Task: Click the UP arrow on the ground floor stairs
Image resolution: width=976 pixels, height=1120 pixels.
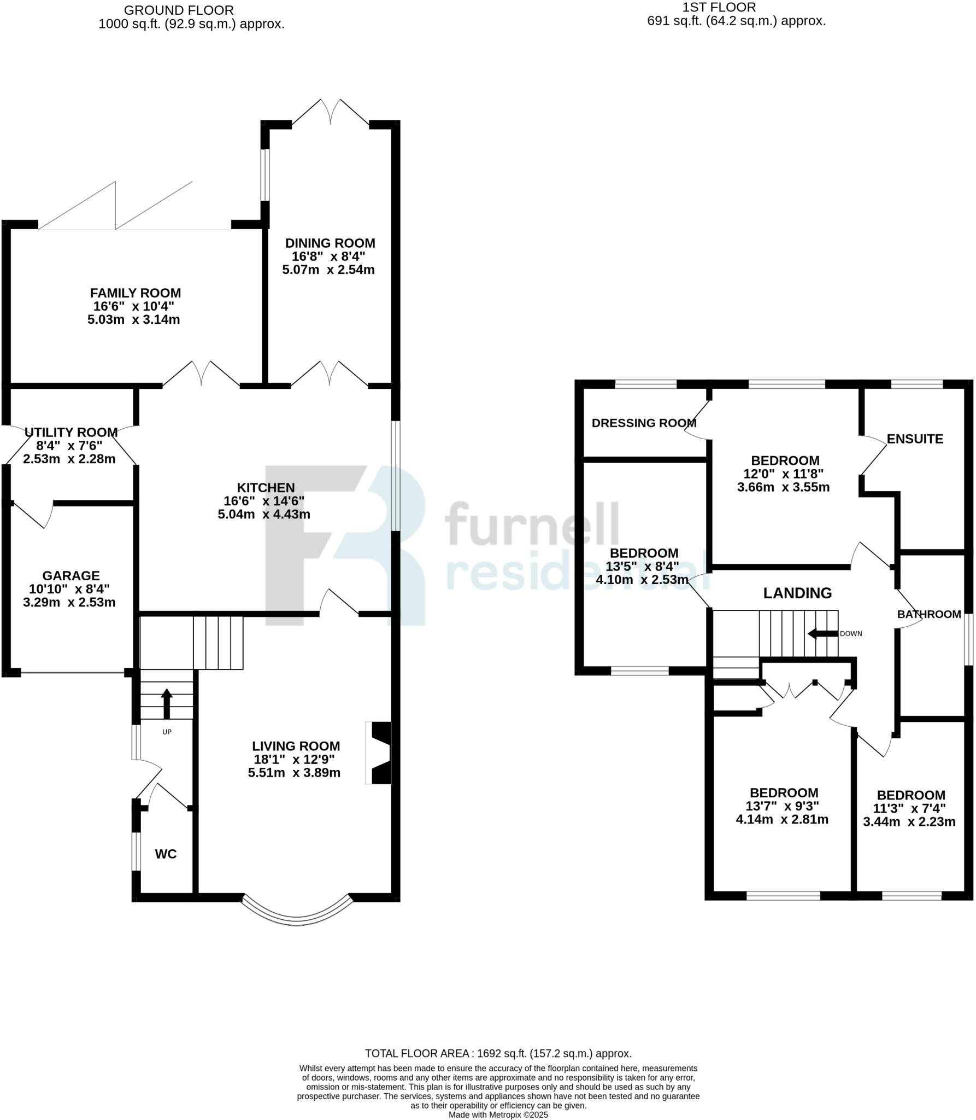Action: click(167, 703)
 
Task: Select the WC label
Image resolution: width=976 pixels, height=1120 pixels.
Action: click(166, 854)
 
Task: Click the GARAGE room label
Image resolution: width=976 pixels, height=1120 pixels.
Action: click(71, 575)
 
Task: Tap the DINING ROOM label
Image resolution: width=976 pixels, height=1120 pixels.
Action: click(330, 243)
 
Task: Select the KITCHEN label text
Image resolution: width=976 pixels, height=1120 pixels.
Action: click(266, 487)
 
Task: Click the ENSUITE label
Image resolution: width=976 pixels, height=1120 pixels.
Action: click(915, 439)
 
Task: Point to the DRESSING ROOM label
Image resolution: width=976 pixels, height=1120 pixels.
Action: click(644, 423)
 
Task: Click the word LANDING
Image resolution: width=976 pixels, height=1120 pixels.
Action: click(797, 593)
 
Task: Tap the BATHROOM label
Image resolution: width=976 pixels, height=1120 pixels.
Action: click(928, 614)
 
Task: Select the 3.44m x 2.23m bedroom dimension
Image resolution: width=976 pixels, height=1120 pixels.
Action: click(909, 821)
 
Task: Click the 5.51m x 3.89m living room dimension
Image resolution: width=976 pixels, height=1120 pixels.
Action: click(294, 773)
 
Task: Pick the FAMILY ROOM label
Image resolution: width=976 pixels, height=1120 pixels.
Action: click(136, 293)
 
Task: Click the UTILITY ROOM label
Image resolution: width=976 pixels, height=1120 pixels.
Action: click(71, 432)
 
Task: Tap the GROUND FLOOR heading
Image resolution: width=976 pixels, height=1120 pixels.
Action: click(179, 10)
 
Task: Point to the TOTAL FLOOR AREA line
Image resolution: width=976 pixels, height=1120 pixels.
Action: click(498, 1053)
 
